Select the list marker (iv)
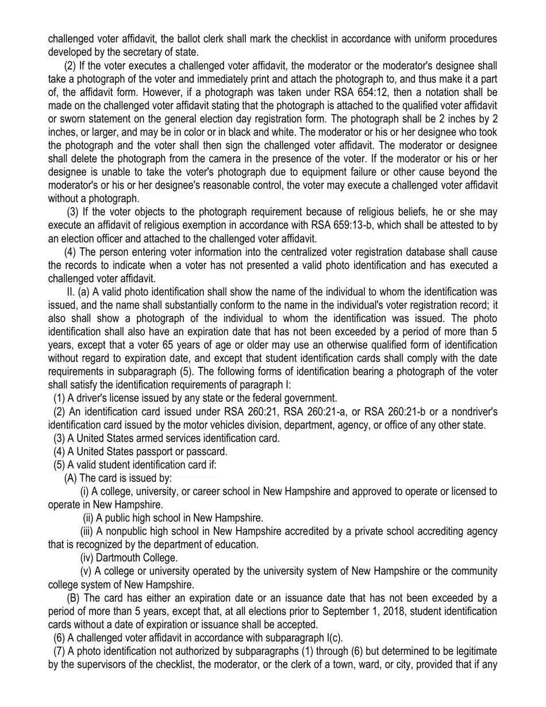[x=86, y=558]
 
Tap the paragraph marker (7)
[x=59, y=651]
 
